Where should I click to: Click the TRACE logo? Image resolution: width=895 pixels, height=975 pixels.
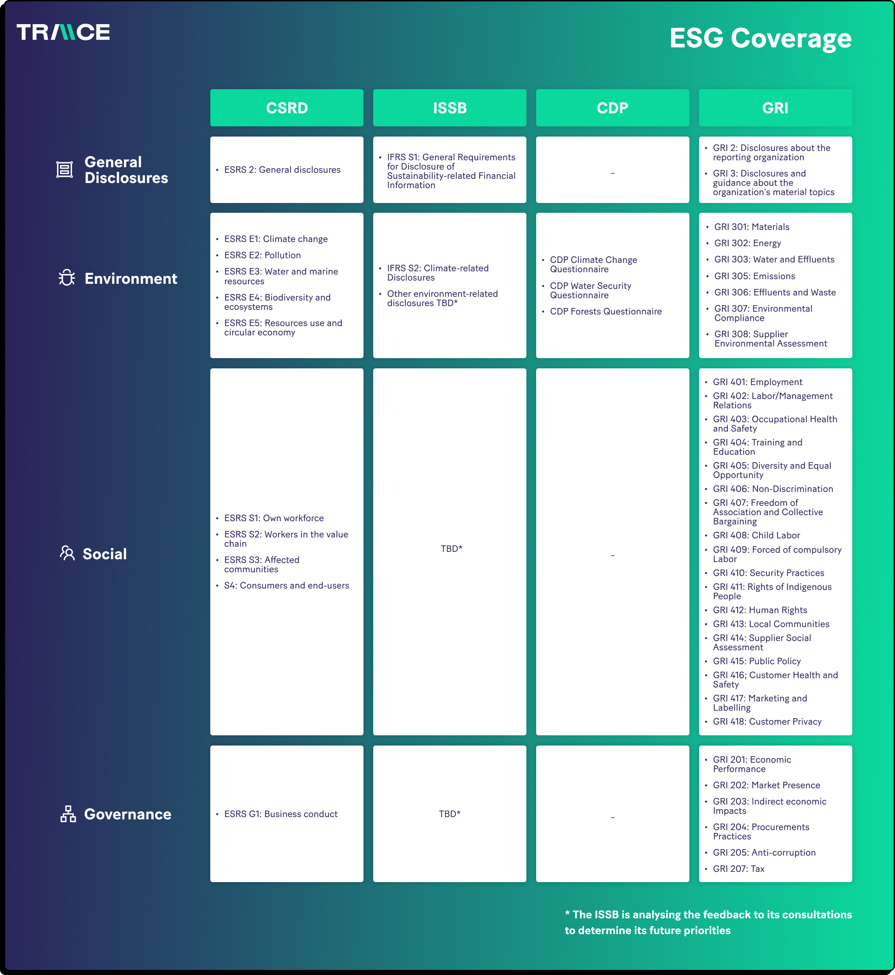click(x=64, y=32)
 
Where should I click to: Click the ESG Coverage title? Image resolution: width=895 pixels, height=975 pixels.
click(x=760, y=38)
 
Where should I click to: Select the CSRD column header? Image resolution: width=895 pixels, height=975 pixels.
click(x=287, y=108)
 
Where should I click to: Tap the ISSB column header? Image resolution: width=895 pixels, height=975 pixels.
click(x=449, y=108)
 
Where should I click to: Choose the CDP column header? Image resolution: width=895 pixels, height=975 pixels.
click(x=613, y=108)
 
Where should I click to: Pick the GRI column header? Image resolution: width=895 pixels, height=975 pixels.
click(x=775, y=108)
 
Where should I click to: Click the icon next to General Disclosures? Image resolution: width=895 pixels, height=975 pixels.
click(x=65, y=170)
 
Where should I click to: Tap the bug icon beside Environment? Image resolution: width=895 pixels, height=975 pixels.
click(x=67, y=278)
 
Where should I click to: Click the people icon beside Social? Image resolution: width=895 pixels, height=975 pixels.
click(x=67, y=553)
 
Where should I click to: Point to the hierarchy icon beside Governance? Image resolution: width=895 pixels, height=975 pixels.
click(x=68, y=814)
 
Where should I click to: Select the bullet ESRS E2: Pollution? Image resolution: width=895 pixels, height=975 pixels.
click(x=262, y=255)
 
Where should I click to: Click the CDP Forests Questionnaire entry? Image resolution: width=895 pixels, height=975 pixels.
click(x=606, y=312)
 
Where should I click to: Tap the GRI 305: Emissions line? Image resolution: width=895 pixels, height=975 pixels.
click(x=754, y=276)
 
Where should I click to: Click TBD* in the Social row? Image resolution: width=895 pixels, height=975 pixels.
click(x=451, y=549)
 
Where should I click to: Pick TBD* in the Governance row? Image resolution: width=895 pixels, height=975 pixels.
click(x=449, y=814)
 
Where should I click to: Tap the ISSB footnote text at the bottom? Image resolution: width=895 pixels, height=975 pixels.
click(x=708, y=922)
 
